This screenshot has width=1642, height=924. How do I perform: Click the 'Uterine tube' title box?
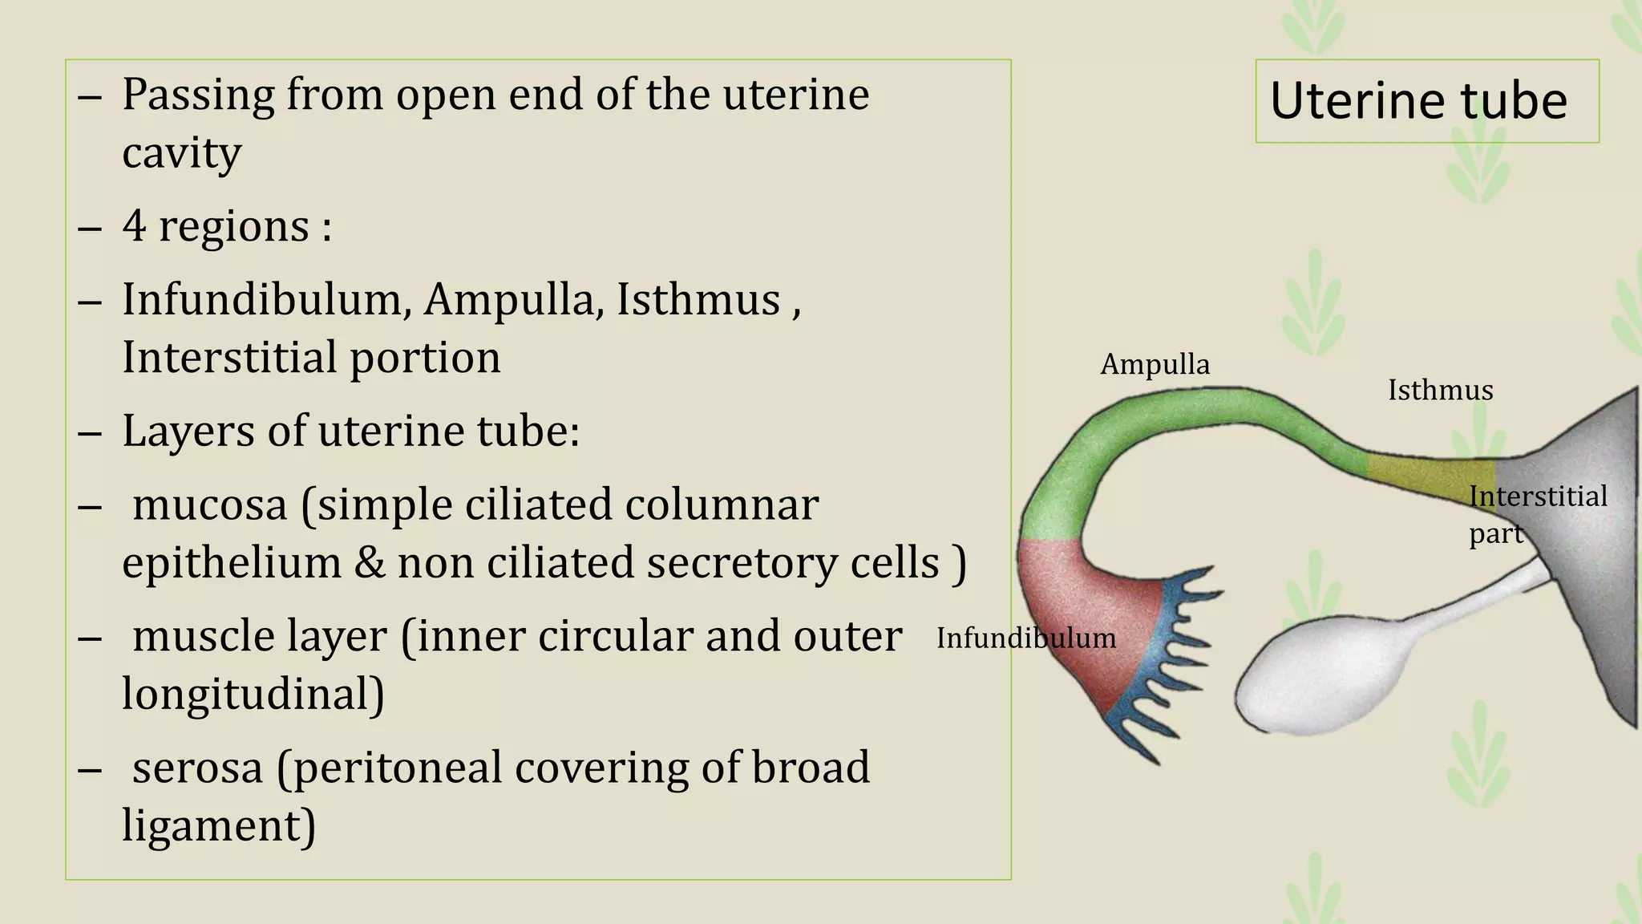1426,101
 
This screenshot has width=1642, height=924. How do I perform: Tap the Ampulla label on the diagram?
1155,365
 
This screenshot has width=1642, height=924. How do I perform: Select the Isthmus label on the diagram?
1440,391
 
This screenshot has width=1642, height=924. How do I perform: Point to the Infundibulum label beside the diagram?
1025,638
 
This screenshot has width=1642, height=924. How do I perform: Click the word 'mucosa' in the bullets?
209,505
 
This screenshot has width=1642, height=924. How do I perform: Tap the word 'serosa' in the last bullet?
197,768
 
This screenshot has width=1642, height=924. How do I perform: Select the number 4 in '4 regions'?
134,226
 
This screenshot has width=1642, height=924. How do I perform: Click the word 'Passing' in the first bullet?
197,95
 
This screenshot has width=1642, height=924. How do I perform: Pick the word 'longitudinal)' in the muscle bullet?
253,694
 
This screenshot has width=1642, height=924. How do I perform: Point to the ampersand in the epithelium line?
369,563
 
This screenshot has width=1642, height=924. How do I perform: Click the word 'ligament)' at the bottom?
218,825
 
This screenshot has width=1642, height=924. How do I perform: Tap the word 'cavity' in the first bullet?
181,152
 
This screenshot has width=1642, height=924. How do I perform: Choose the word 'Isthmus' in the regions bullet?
698,300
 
